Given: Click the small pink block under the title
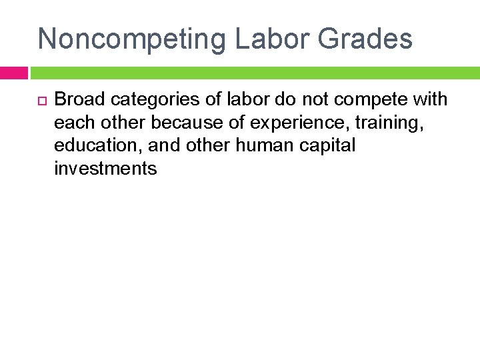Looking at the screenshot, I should (x=13, y=73).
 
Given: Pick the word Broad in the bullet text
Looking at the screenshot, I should (x=80, y=100).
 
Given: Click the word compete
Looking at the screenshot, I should (x=364, y=101).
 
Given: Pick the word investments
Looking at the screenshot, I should (x=105, y=169).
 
